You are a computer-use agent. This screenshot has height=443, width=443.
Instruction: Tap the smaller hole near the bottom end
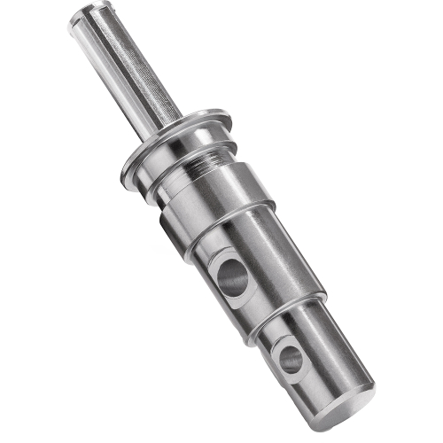(291, 358)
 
